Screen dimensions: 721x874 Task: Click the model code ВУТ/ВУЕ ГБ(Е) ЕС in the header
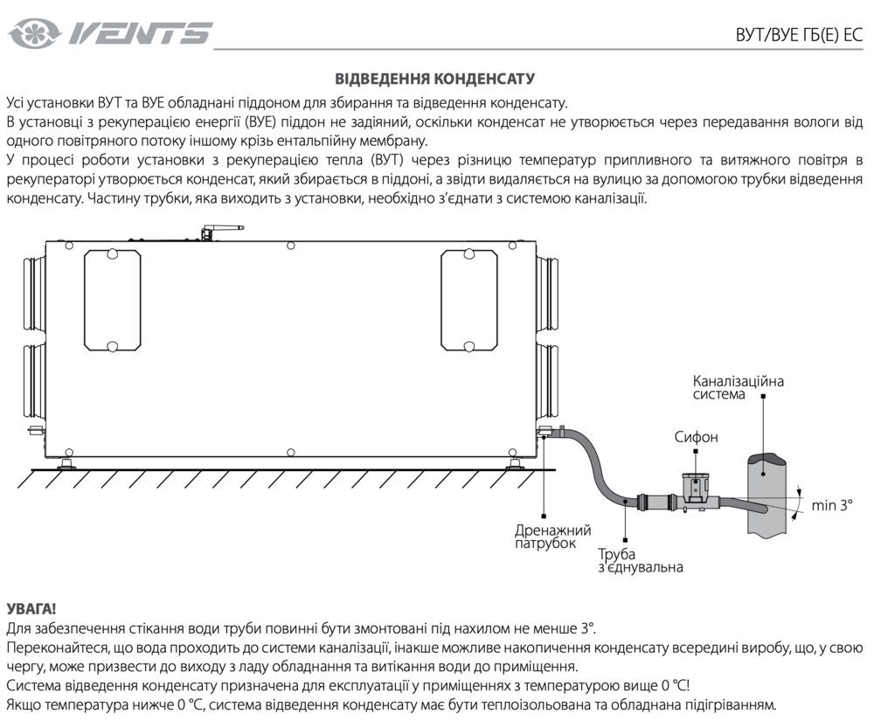point(800,35)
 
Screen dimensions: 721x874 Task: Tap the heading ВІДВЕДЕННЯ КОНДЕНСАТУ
point(434,79)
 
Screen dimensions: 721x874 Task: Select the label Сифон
point(696,436)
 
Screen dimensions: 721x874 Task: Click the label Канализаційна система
point(738,387)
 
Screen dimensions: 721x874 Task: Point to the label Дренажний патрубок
point(552,537)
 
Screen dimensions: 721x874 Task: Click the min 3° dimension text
point(831,505)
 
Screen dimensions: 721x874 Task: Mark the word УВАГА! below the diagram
point(31,607)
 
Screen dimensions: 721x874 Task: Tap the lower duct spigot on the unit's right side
point(548,383)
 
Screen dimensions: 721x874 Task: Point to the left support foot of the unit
point(66,462)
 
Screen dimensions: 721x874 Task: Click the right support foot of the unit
point(514,462)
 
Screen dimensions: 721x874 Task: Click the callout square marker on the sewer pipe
point(763,471)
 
